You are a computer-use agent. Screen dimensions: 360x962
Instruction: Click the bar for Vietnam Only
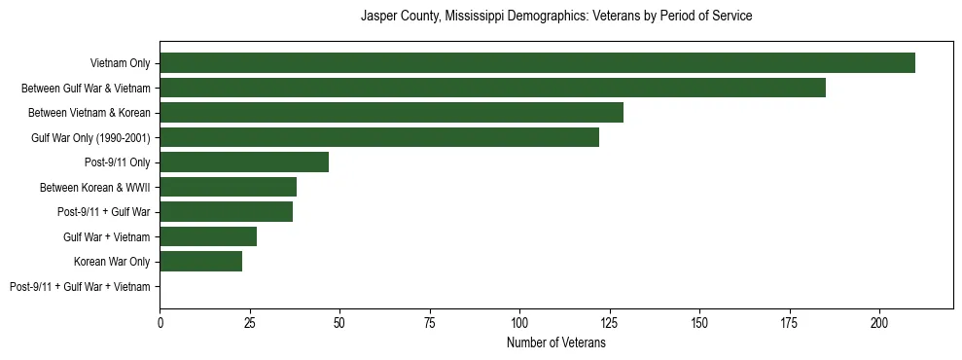click(x=537, y=63)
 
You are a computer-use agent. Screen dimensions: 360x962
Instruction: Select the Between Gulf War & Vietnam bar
click(x=492, y=88)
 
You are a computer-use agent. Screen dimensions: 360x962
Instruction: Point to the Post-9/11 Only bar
click(x=244, y=162)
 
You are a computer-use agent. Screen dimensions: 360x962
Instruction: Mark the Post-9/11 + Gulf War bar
click(x=226, y=212)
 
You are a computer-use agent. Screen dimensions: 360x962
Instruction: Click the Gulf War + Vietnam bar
click(x=208, y=236)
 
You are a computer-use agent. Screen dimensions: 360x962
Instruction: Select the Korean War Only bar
click(x=200, y=262)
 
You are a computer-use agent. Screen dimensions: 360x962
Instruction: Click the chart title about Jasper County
click(x=556, y=17)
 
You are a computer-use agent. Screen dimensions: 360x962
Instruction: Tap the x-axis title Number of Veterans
click(x=556, y=342)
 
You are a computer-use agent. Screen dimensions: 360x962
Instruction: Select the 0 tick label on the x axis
click(x=160, y=322)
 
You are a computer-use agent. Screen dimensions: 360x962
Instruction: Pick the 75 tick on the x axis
click(x=430, y=322)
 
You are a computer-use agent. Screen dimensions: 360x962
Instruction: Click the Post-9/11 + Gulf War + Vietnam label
click(x=80, y=287)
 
